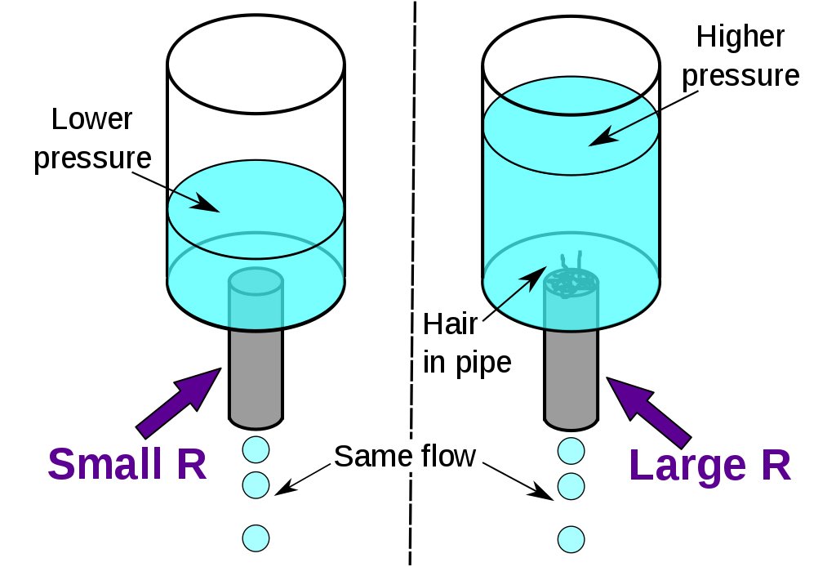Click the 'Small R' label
point(127,465)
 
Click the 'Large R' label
point(709,465)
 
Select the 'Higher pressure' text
point(740,56)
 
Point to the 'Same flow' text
point(405,456)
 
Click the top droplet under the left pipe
point(256,449)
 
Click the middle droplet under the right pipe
point(571,487)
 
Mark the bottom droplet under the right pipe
point(571,538)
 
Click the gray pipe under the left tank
point(256,376)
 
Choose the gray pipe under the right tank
point(571,376)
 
